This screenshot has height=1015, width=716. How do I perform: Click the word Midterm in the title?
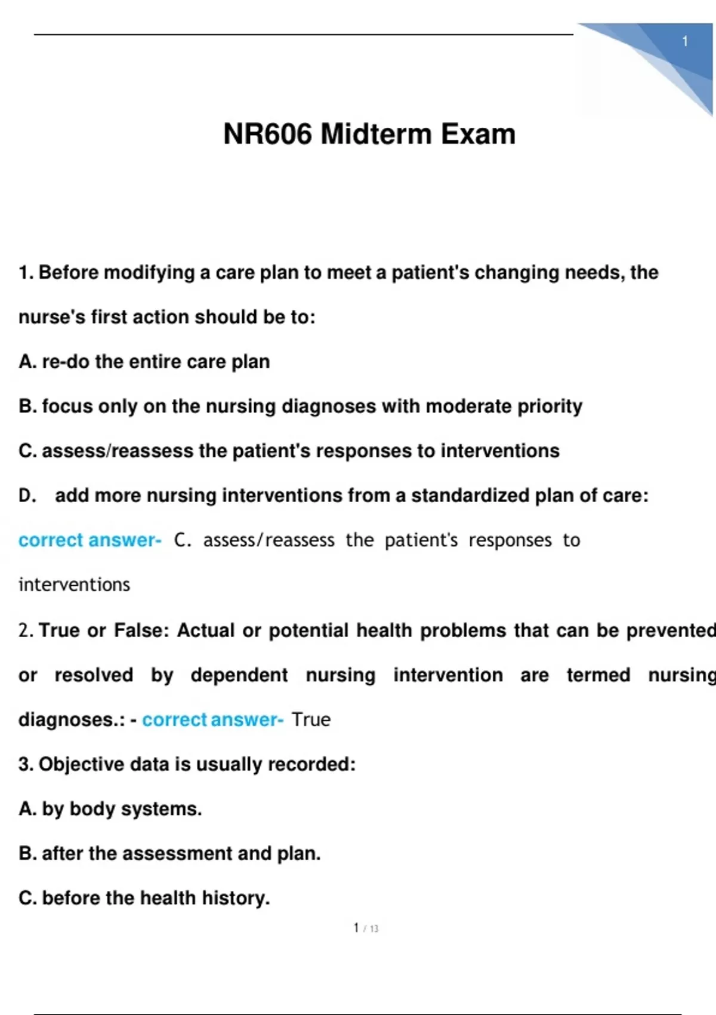pos(376,134)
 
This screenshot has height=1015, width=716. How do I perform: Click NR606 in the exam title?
pos(267,134)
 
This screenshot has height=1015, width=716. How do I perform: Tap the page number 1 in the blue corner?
pos(685,41)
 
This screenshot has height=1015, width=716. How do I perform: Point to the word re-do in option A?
pos(65,362)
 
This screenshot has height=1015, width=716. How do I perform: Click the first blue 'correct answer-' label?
pos(89,540)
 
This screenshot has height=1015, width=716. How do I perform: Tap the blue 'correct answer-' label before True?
pos(212,719)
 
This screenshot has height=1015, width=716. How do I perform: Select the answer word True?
pos(311,719)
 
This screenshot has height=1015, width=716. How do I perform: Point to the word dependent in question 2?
pos(239,675)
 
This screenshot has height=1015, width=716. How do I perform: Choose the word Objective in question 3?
pos(81,764)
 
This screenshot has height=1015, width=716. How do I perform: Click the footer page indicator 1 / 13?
pos(366,928)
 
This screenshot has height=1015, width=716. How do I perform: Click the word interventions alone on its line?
pos(74,585)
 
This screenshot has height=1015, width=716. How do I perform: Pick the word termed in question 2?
pos(598,675)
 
